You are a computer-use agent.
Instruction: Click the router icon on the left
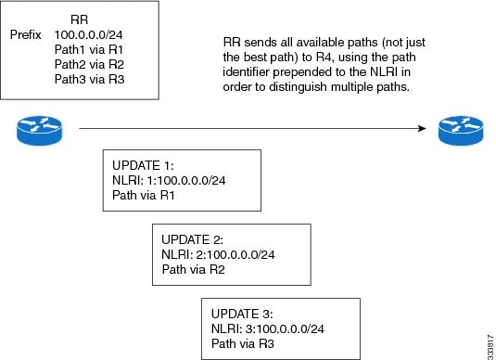coord(36,131)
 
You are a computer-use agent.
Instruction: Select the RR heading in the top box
coord(80,18)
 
